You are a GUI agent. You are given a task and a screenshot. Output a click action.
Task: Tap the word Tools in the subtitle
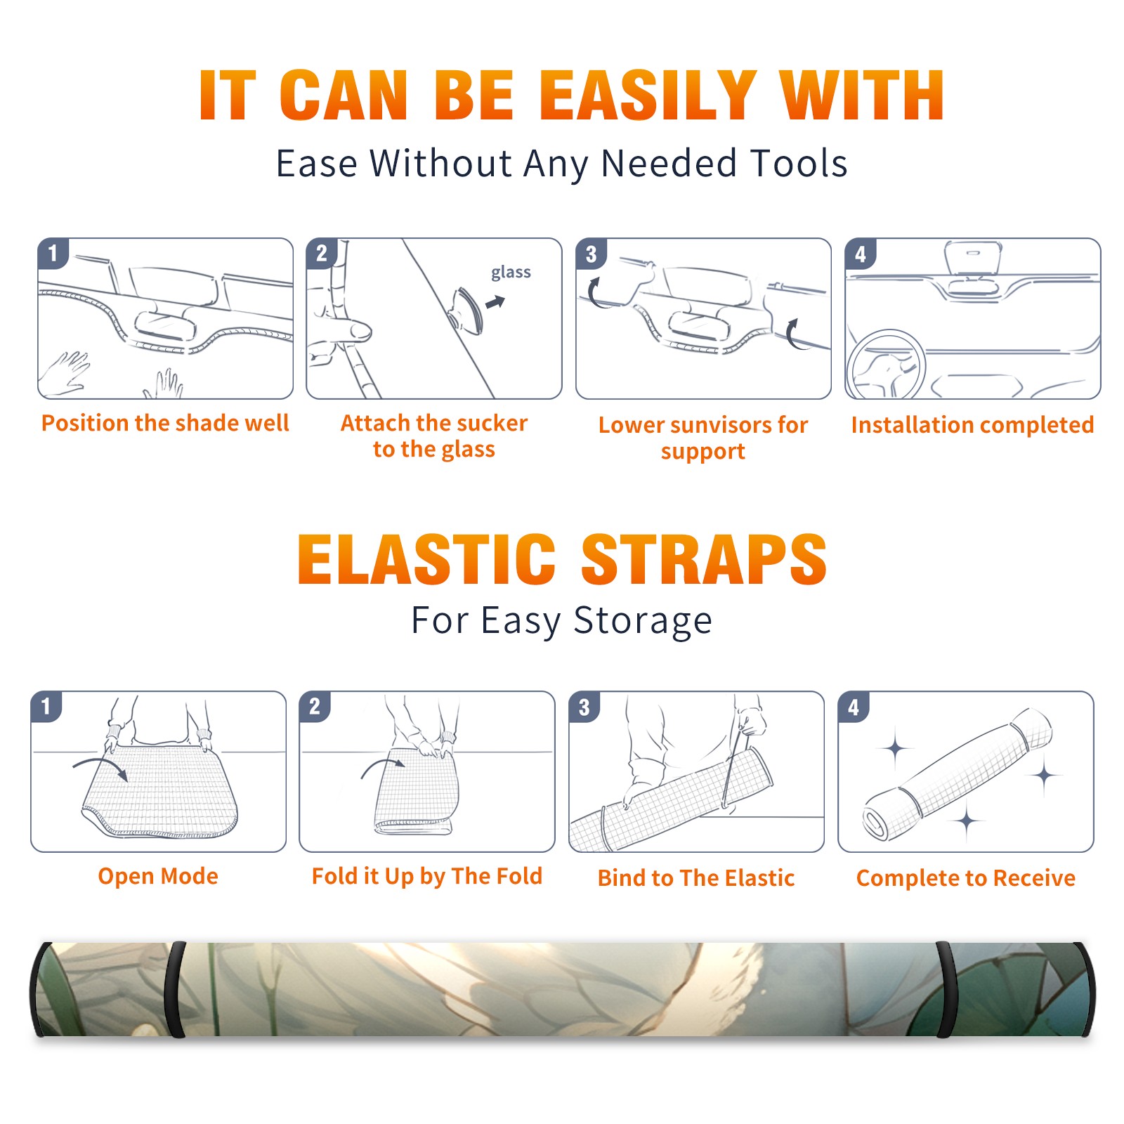point(799,164)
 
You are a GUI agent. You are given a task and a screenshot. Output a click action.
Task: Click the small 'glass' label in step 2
point(511,273)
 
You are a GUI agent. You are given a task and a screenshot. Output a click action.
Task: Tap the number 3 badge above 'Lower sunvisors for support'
point(592,254)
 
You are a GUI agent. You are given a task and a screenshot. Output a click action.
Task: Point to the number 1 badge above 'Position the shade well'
point(53,253)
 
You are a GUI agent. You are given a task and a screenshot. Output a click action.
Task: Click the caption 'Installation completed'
point(972,425)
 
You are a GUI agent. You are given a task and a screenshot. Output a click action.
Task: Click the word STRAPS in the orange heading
point(704,559)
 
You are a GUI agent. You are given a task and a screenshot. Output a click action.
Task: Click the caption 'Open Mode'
point(158,876)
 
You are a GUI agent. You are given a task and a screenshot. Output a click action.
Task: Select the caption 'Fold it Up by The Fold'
point(427,877)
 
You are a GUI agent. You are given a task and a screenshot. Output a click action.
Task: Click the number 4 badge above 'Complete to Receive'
point(854,707)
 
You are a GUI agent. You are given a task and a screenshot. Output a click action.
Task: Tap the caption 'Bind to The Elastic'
point(696,878)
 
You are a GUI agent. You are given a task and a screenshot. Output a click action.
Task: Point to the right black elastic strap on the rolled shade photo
point(946,990)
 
